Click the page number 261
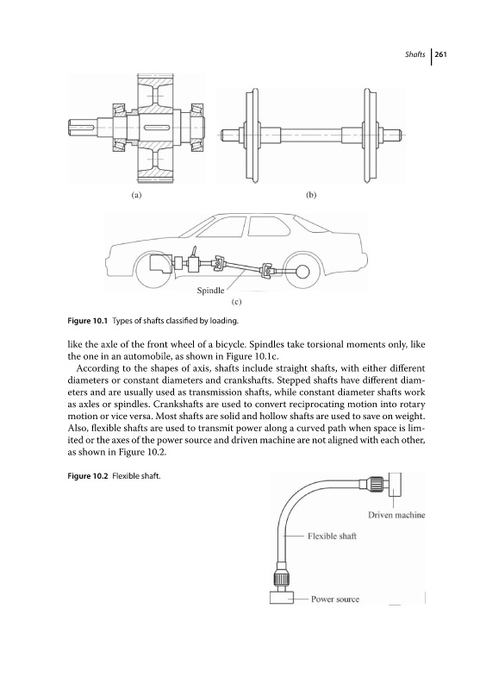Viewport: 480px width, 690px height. pos(441,54)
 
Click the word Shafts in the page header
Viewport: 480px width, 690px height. pos(415,54)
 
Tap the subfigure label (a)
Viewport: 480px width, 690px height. pos(137,195)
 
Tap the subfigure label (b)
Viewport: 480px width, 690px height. pos(311,195)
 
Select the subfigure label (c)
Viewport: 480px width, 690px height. pos(236,302)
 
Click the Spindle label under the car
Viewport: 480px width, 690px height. pos(210,291)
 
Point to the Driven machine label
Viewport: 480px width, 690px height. pos(396,515)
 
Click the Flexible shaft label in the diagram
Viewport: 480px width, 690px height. pos(332,536)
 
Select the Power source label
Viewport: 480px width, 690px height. pos(335,599)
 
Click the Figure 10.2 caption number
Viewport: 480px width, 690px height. pos(88,476)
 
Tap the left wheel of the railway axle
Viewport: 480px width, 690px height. pos(252,135)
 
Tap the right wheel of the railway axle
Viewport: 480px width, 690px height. pos(368,135)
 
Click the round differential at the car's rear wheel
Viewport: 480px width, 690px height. pos(302,272)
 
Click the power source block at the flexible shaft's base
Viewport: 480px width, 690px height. pos(281,598)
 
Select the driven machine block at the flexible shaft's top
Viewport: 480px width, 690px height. pos(396,485)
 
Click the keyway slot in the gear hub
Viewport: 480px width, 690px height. pos(157,128)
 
